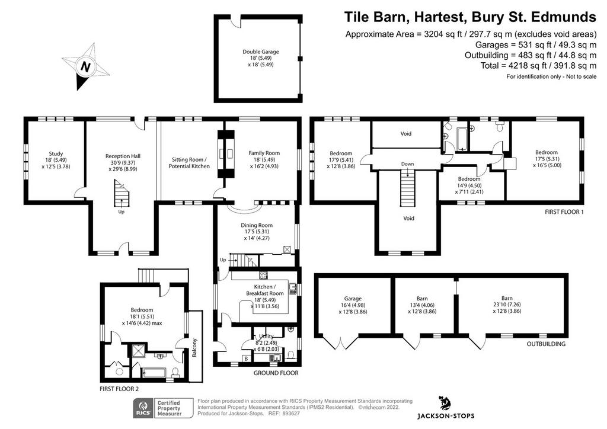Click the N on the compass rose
pos(85,66)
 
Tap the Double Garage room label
pos(261,58)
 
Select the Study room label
pos(56,160)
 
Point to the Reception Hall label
pos(123,162)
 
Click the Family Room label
pos(264,159)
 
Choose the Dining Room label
pos(257,231)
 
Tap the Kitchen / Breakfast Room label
pos(265,296)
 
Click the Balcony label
pos(194,347)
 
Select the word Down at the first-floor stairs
pos(407,164)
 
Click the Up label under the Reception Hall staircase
pos(121,212)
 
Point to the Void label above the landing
pos(405,133)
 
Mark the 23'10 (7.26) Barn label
pos(507,305)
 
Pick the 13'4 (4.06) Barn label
pos(422,305)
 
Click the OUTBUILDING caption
pos(546,344)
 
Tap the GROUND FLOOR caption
pos(276,373)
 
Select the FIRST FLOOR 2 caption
pos(119,389)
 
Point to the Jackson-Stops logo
pos(446,407)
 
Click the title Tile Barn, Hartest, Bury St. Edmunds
pos(470,17)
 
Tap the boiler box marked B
pos(246,358)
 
